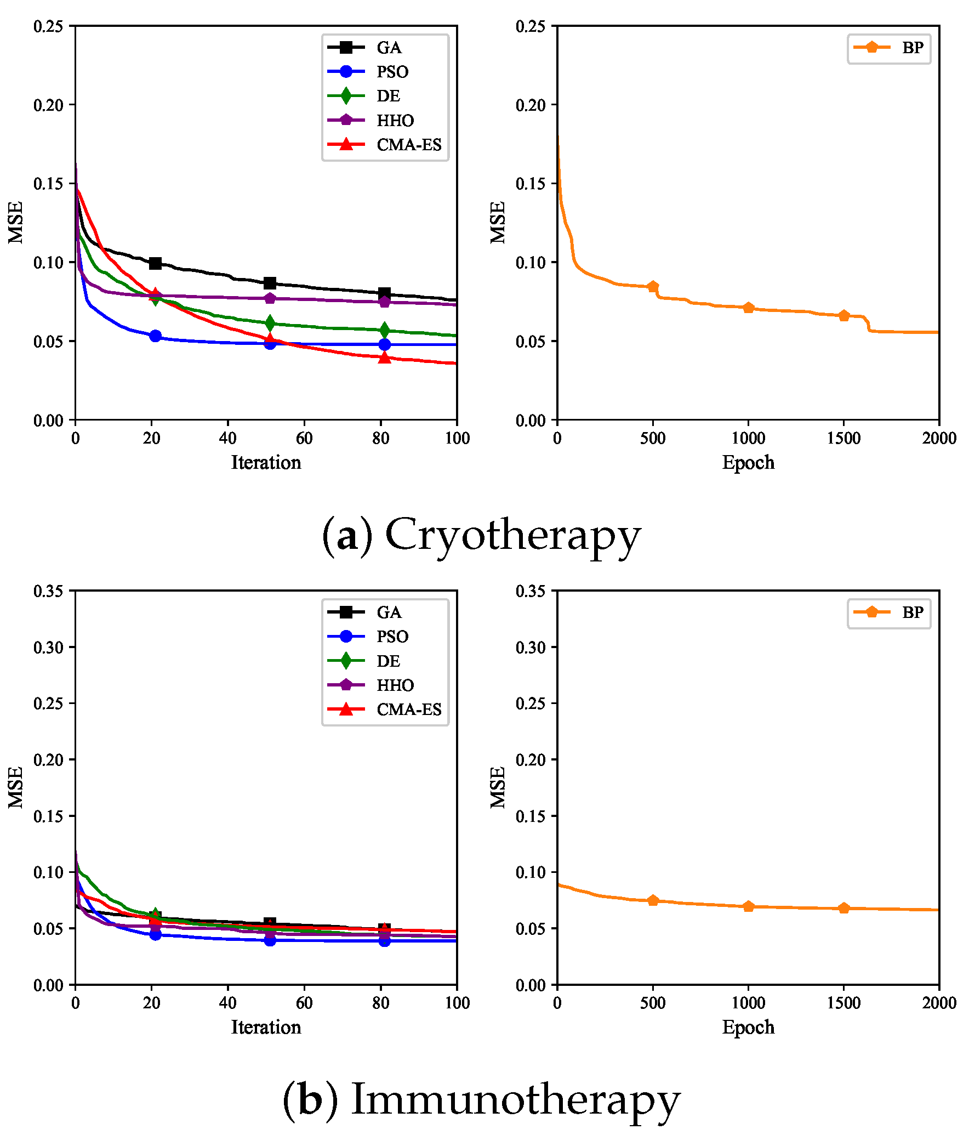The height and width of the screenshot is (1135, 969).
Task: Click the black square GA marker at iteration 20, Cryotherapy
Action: [155, 263]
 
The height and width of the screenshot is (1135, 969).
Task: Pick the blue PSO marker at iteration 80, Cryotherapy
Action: [384, 344]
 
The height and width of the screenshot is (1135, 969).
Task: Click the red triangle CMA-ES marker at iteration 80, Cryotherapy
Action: [384, 357]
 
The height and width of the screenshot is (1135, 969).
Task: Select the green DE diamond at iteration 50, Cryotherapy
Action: [270, 323]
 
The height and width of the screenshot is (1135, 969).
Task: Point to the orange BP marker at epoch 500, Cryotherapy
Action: [653, 286]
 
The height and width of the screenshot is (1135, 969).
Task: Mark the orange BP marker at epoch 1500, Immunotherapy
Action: [843, 908]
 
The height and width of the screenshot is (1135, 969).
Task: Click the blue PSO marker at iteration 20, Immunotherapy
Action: [155, 934]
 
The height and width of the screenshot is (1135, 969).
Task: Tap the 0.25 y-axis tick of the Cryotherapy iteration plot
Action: [48, 26]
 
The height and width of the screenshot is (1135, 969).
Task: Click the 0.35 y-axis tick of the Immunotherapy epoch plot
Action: [530, 591]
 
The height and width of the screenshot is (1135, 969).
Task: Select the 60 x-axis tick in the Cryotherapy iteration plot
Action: [304, 438]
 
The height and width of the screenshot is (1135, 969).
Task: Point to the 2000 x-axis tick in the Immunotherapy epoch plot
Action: [939, 1003]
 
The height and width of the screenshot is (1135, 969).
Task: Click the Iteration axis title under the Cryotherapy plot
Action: [266, 462]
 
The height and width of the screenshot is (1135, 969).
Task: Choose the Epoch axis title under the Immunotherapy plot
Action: [748, 1027]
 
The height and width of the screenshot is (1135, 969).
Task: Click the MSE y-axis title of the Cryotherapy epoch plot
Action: [497, 222]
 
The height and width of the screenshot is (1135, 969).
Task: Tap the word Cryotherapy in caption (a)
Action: [512, 535]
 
